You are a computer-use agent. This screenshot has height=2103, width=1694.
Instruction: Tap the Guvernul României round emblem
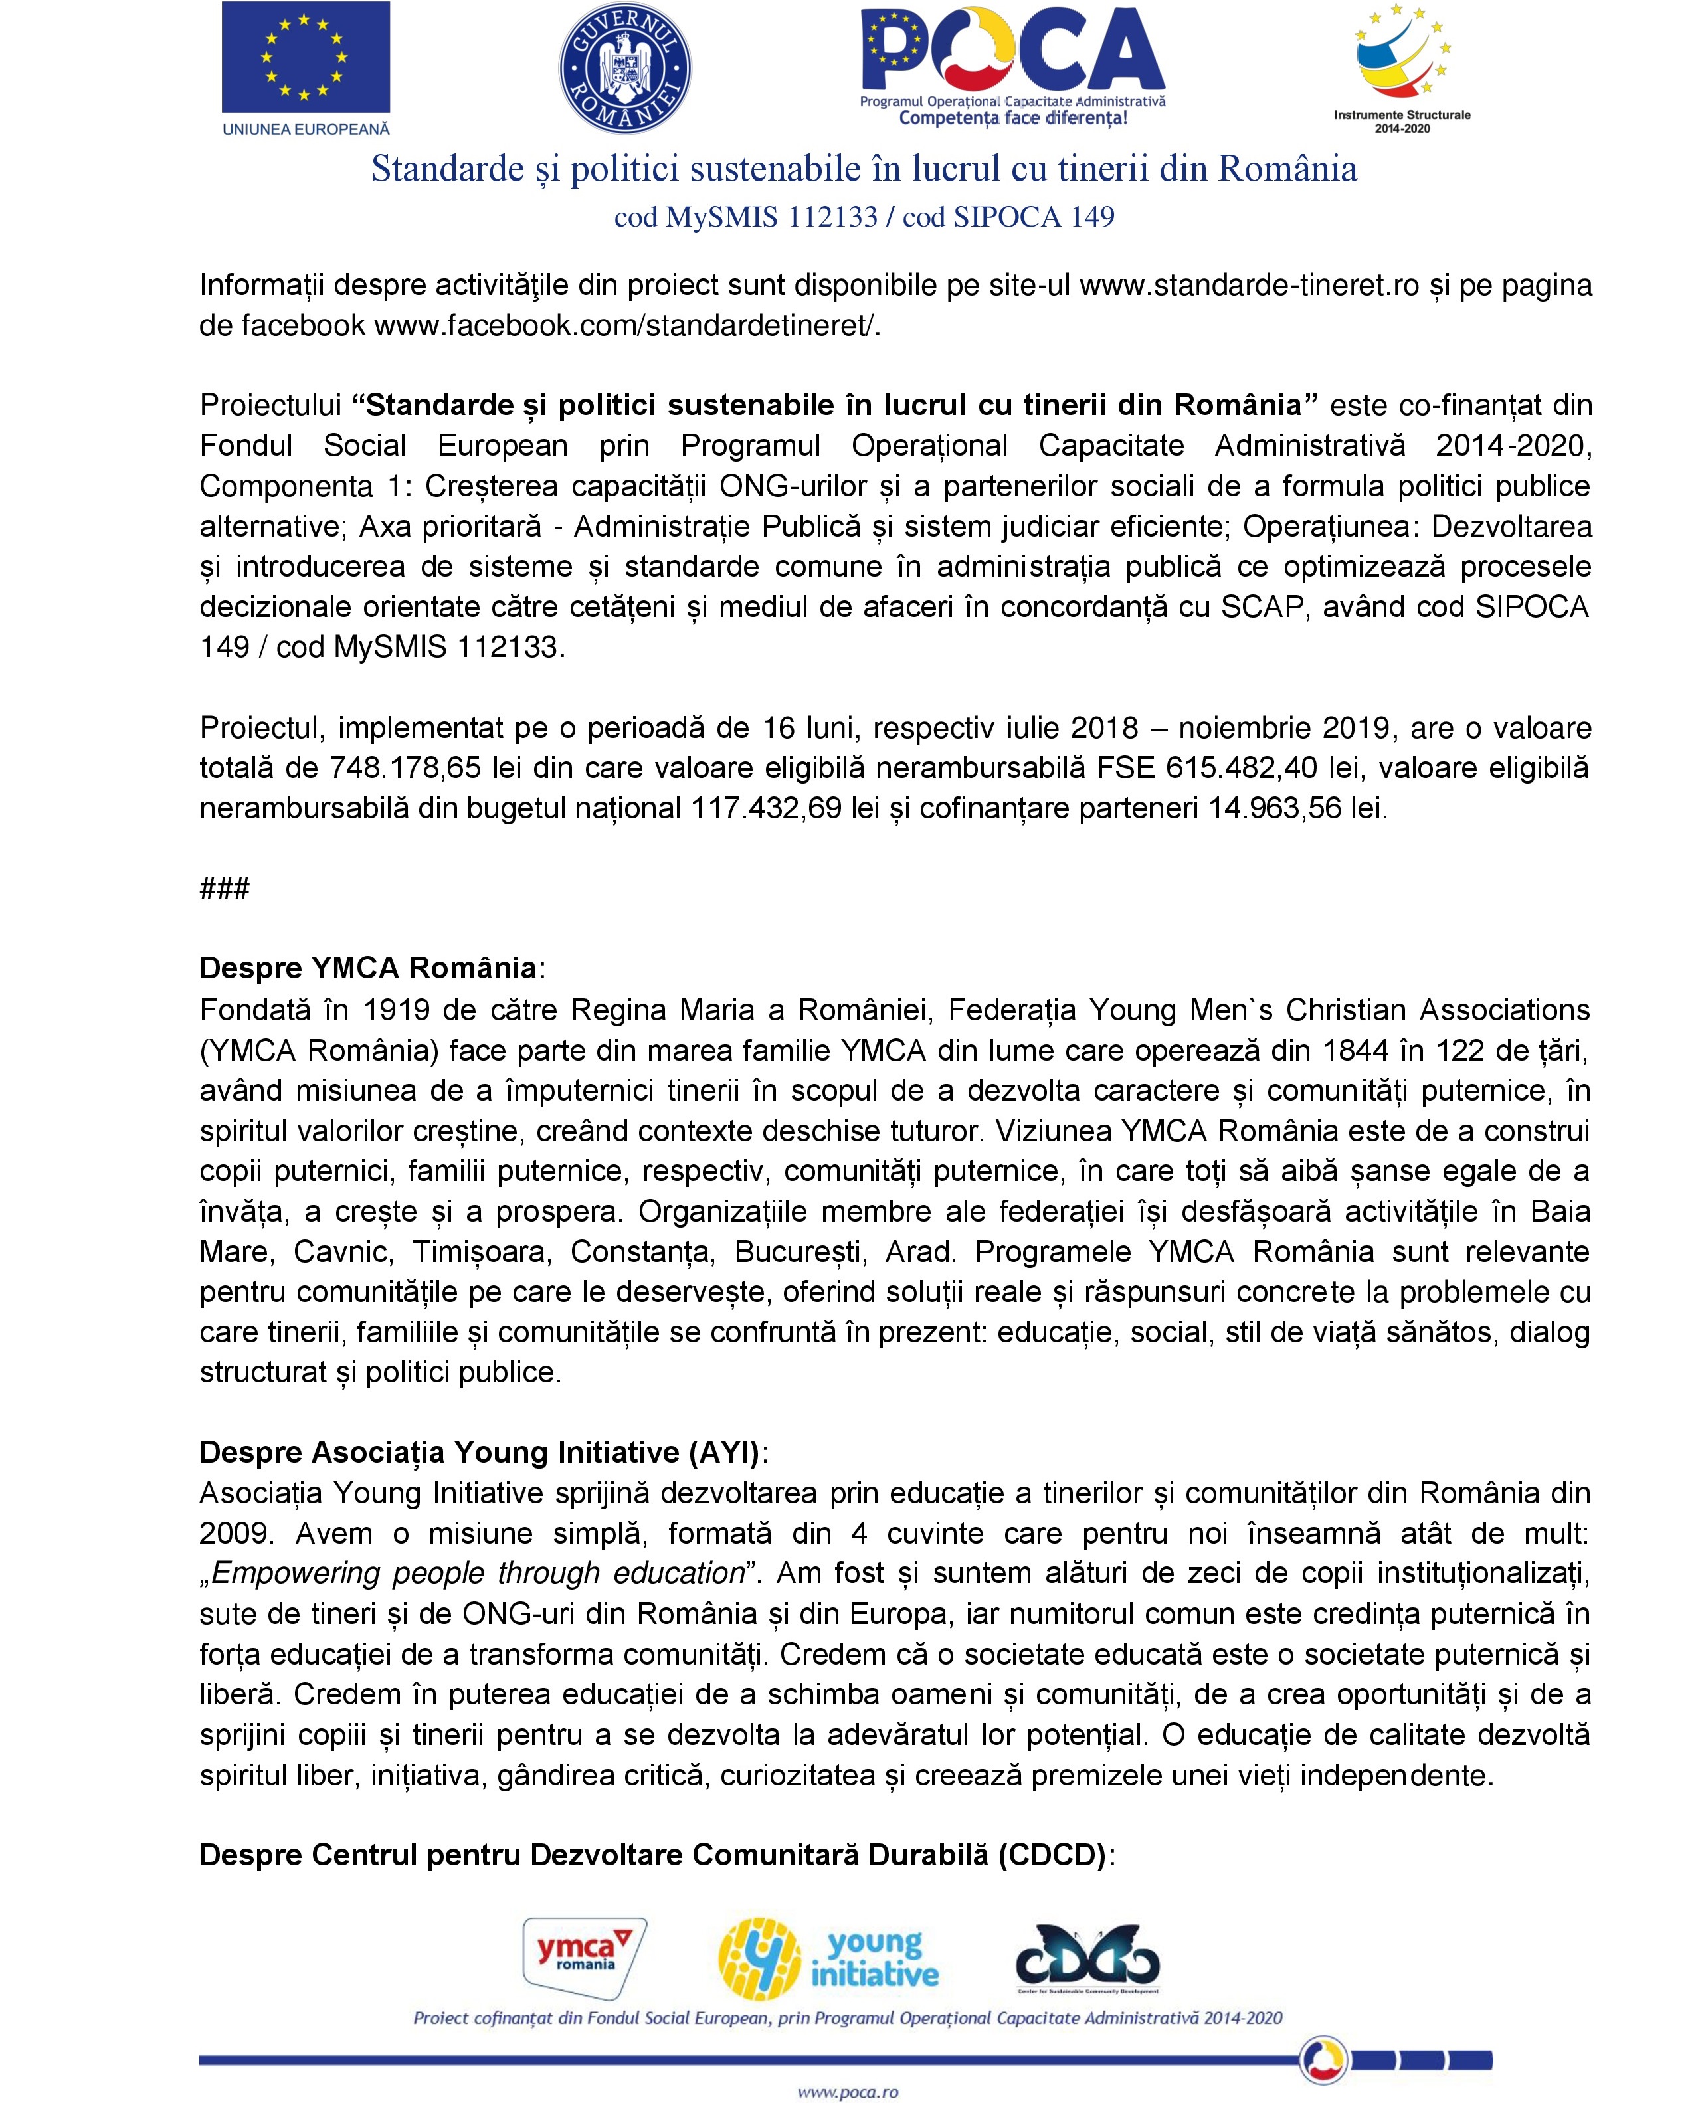624,68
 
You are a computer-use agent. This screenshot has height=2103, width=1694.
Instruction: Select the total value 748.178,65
406,768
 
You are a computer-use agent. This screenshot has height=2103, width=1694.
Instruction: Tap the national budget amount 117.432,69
766,808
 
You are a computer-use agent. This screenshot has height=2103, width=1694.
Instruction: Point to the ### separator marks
225,888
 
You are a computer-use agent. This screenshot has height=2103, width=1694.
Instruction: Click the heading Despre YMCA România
368,968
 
